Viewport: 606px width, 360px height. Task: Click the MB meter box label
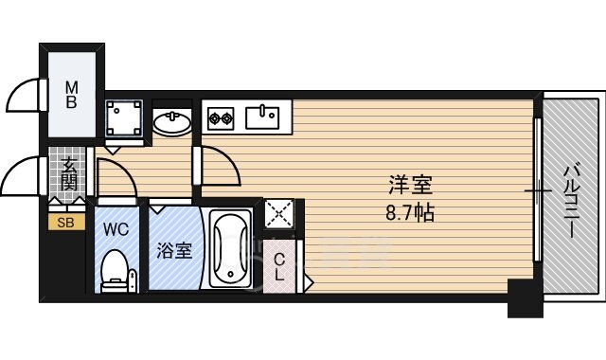coord(72,95)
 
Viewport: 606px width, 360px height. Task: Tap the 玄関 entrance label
coord(69,174)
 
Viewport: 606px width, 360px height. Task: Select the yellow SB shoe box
coord(66,223)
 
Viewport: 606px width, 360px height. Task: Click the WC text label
coord(116,229)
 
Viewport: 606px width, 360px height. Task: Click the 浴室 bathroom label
coord(174,250)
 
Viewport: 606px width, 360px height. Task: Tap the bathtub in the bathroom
coord(231,248)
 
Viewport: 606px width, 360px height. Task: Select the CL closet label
coord(279,267)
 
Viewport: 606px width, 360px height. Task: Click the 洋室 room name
coord(410,185)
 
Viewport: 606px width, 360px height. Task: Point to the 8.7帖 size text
coord(410,212)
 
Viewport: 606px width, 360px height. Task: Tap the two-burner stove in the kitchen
coord(221,118)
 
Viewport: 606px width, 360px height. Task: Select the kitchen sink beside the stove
coord(262,117)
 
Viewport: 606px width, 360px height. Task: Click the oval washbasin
coord(172,122)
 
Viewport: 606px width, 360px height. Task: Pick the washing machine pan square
coord(124,117)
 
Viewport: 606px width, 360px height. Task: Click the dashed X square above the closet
coord(279,213)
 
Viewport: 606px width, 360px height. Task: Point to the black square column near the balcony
coord(526,298)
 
